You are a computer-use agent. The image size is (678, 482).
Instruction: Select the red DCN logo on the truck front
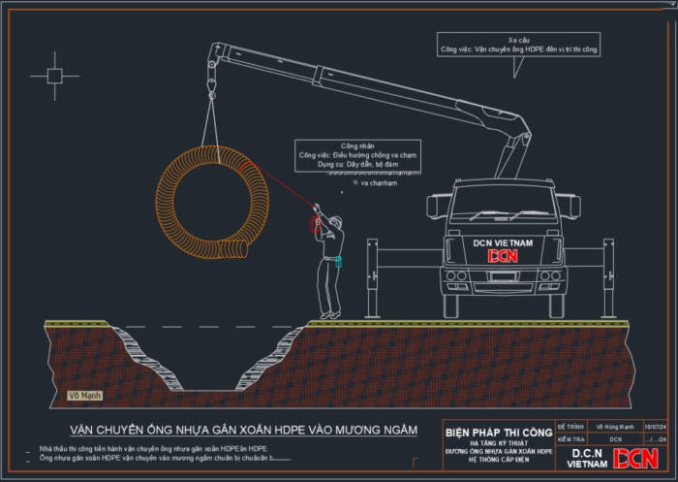[503, 256]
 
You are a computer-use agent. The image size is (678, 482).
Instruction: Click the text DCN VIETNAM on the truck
[502, 241]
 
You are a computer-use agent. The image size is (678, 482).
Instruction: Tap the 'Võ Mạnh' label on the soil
[85, 396]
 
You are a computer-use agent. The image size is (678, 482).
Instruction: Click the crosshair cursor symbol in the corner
[55, 75]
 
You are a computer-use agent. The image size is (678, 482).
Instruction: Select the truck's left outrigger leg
[372, 278]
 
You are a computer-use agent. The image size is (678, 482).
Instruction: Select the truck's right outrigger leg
[608, 278]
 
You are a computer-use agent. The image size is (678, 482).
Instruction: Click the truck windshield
[502, 206]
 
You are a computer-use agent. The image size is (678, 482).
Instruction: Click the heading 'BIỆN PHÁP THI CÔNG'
[498, 431]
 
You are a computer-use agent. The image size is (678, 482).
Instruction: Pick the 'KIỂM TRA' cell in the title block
[570, 438]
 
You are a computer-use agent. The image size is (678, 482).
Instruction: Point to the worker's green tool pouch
[338, 260]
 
